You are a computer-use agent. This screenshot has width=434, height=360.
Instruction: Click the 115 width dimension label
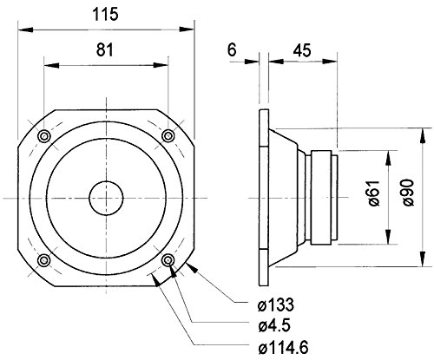(x=105, y=14)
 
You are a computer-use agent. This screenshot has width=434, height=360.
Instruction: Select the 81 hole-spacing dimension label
(x=105, y=49)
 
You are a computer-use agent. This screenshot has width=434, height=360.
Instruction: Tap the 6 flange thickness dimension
(x=232, y=49)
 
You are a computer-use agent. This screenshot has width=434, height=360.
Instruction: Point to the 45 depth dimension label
(x=302, y=50)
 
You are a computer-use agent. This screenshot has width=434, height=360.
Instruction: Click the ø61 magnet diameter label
(x=374, y=193)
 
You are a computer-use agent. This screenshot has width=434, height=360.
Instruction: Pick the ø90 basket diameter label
(x=408, y=193)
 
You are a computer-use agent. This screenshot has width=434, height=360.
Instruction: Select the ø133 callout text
(x=276, y=304)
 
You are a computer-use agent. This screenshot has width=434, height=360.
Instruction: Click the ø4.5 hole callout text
(x=274, y=326)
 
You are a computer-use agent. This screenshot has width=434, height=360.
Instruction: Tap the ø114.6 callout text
(x=283, y=347)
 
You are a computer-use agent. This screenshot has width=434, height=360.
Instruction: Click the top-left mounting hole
(x=44, y=136)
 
